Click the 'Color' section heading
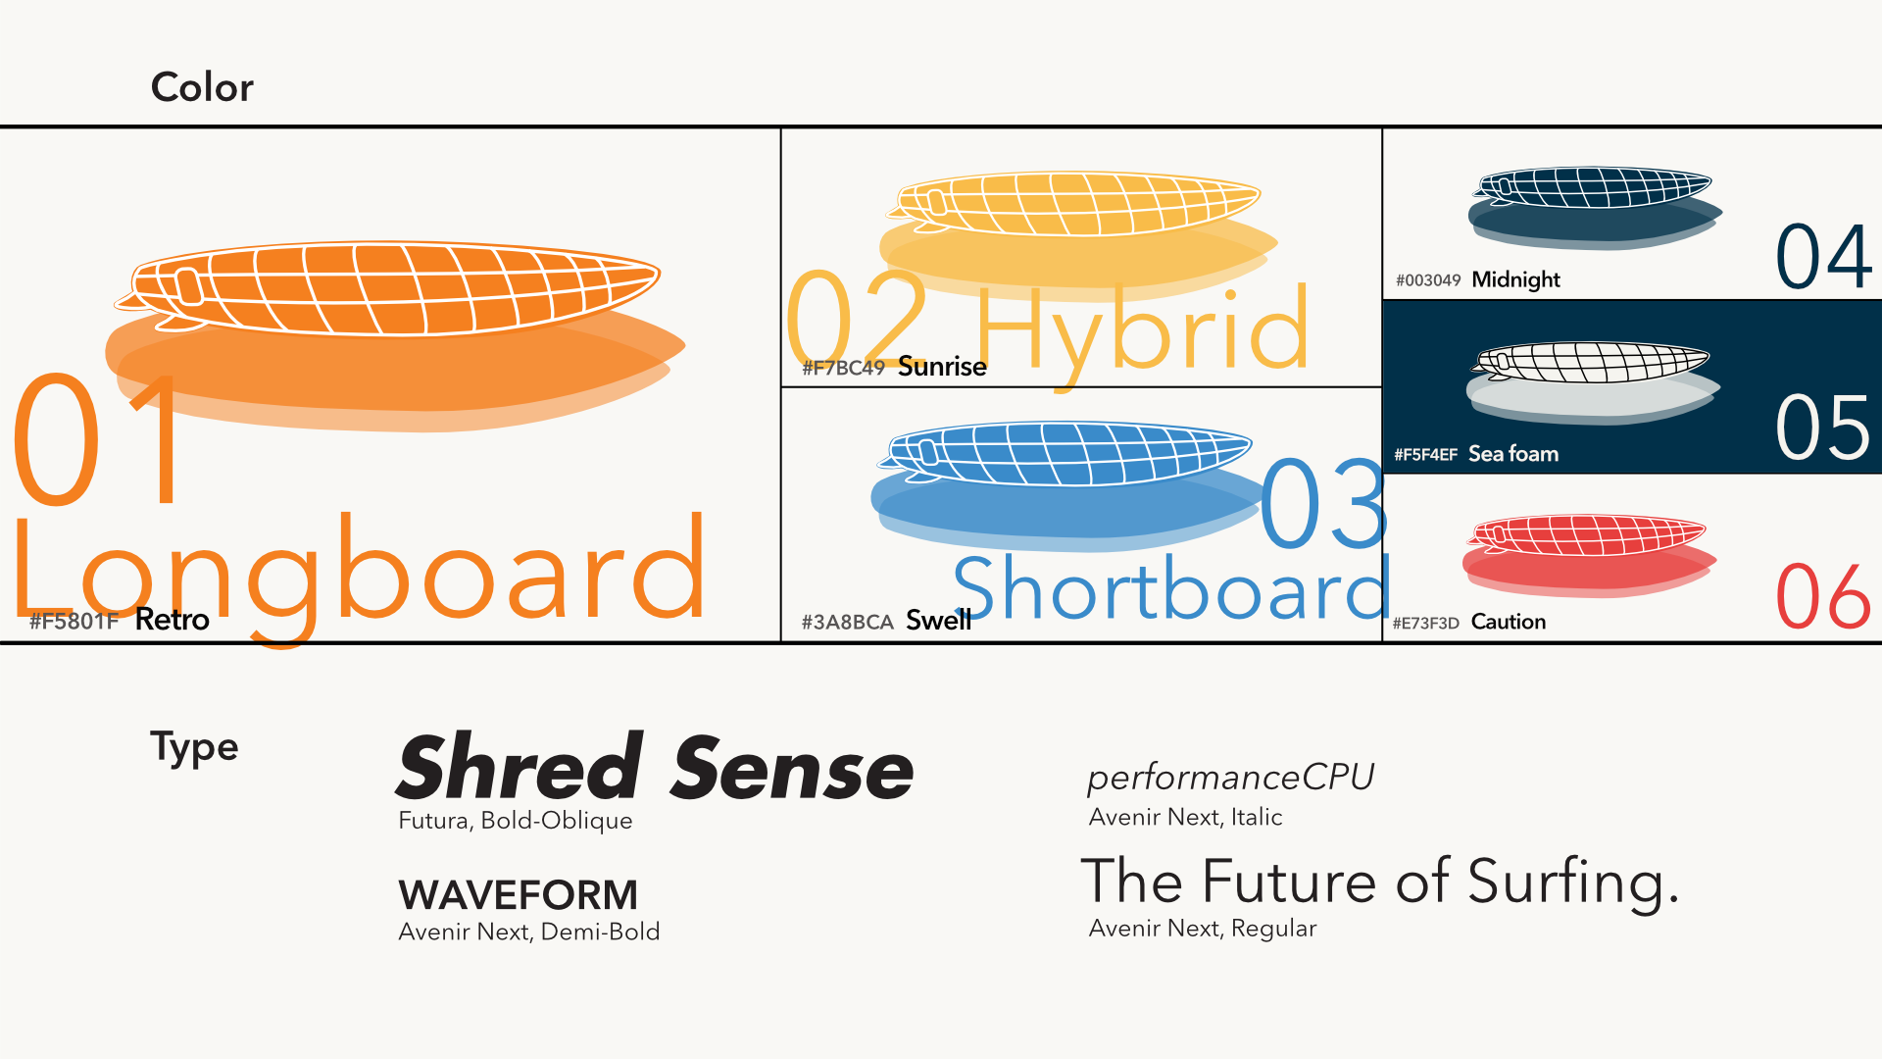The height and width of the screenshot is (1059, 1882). point(202,87)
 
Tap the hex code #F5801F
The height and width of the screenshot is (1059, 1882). point(74,621)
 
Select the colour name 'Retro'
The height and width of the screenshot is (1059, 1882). point(173,620)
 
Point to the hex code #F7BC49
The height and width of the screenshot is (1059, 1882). point(844,368)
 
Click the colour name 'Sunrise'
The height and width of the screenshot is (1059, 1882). point(942,367)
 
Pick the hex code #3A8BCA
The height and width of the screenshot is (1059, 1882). point(848,622)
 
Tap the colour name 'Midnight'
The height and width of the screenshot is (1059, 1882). point(1515,279)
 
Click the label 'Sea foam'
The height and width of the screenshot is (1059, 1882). point(1513,454)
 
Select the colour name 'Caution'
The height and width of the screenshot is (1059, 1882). point(1509,622)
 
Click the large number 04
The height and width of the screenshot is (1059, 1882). point(1824,257)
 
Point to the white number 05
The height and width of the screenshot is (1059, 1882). point(1823,428)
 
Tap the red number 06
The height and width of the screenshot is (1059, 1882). point(1823,597)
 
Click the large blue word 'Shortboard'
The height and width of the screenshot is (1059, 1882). point(1172,588)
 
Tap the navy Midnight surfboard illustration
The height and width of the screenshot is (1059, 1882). point(1595,207)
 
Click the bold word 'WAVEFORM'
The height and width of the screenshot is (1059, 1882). point(518,894)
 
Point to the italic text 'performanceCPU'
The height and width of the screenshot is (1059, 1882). point(1231,778)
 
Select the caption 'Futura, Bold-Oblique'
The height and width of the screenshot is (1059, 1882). point(516,821)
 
